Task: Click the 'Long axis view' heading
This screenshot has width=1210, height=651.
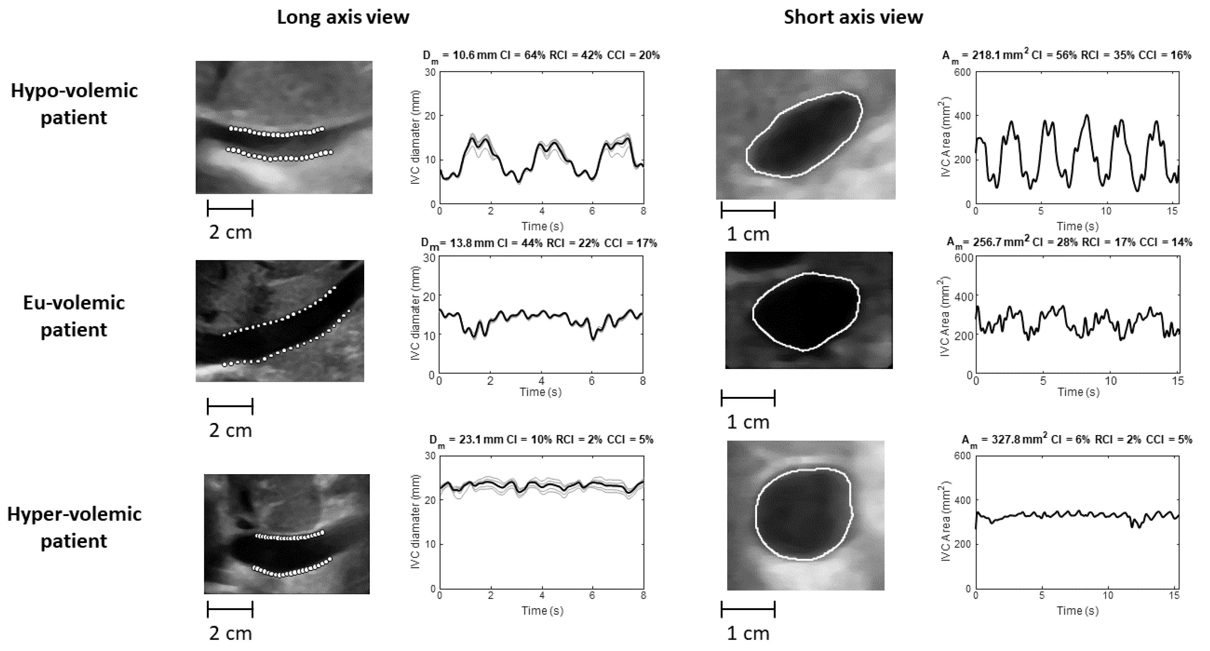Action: tap(343, 17)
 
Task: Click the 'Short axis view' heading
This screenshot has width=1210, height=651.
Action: tap(853, 17)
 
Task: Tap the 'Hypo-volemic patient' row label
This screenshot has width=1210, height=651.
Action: tap(74, 104)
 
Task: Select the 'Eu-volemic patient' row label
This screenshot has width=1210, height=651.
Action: tap(74, 316)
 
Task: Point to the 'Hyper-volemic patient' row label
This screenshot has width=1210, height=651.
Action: tap(74, 527)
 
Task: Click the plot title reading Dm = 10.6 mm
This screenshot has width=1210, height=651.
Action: tap(541, 55)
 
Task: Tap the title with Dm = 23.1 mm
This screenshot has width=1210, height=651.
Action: tap(541, 440)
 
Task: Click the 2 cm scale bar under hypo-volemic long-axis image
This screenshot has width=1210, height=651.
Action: tap(230, 208)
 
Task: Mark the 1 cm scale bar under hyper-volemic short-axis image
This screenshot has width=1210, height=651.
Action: tap(748, 610)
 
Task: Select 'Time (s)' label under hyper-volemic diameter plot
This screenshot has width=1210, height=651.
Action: tap(542, 611)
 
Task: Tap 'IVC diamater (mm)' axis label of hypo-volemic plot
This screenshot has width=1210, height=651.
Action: tap(415, 137)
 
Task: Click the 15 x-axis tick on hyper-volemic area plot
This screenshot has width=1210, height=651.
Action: tap(1174, 596)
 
